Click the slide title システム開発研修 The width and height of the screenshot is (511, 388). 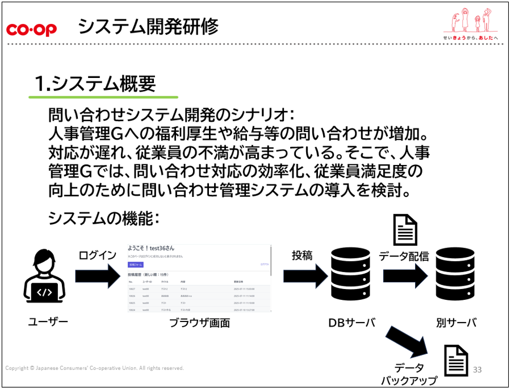(x=148, y=27)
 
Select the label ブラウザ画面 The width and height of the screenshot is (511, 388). (x=200, y=323)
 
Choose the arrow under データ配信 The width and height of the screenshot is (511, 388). (x=405, y=275)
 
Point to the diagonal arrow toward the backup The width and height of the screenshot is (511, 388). (x=407, y=341)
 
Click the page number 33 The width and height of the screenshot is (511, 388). (x=477, y=370)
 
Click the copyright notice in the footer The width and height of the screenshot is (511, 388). (x=94, y=368)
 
